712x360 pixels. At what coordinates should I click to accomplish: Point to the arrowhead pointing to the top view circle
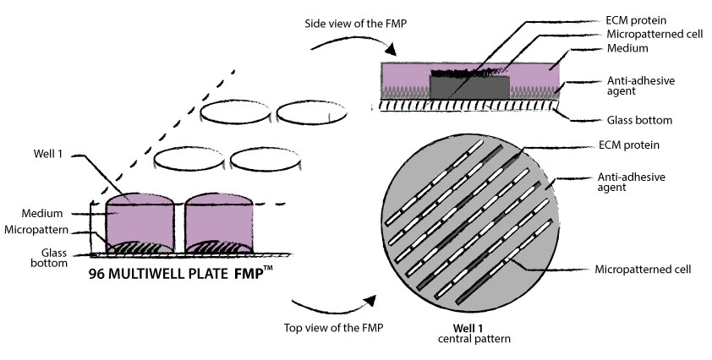[x=369, y=299]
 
